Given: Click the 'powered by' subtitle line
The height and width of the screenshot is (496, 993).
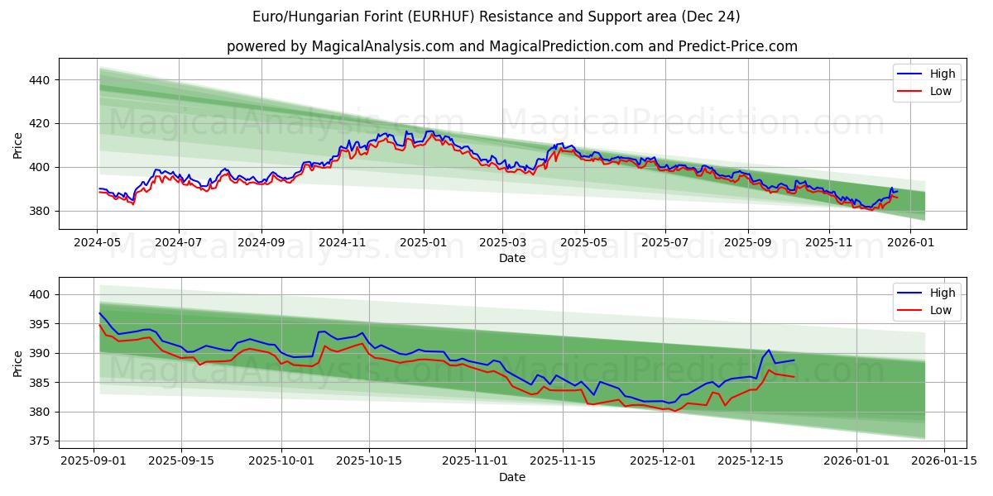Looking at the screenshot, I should [x=512, y=46].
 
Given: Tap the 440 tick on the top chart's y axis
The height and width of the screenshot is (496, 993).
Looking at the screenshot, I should [x=40, y=80].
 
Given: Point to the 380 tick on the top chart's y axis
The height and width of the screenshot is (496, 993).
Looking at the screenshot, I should [x=40, y=211].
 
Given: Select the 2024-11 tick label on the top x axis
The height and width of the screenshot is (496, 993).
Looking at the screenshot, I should [x=343, y=244].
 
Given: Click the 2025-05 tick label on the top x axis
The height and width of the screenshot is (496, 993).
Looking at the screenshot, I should [x=584, y=244].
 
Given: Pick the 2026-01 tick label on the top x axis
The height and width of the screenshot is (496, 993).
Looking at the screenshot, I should [x=910, y=244].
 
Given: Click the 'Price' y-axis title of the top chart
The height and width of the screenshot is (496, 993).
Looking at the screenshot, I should [x=18, y=145].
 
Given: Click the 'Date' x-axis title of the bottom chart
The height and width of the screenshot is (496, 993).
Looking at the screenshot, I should [x=512, y=477].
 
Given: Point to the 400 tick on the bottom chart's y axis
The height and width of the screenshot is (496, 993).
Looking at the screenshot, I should [x=40, y=294].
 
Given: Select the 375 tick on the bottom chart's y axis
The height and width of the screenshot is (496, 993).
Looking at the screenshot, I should [x=40, y=441].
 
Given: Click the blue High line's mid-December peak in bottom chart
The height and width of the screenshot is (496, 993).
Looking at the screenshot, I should [x=769, y=350].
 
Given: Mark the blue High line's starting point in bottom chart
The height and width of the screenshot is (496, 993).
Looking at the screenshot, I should [x=99, y=312].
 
